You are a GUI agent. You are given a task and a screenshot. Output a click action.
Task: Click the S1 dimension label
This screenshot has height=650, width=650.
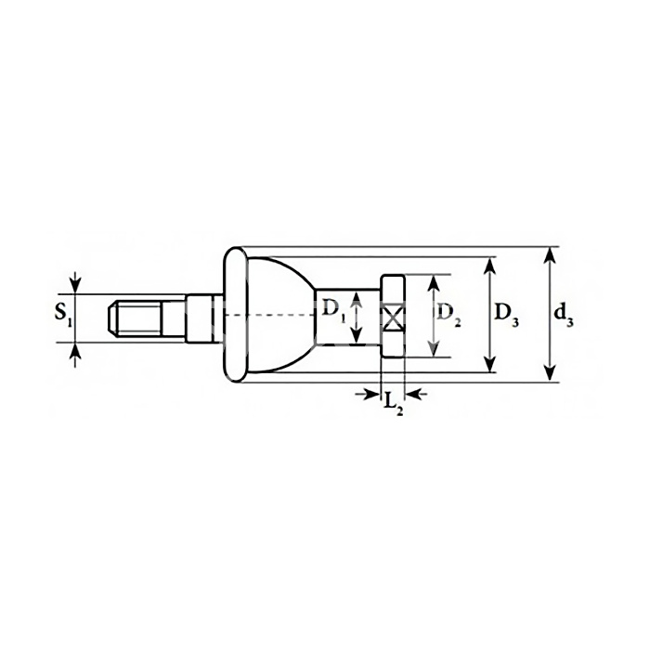pyautogui.click(x=63, y=315)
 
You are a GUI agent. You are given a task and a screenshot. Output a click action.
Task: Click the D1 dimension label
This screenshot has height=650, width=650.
pyautogui.click(x=333, y=310)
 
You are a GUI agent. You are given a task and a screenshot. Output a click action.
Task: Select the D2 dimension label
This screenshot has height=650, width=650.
pyautogui.click(x=448, y=315)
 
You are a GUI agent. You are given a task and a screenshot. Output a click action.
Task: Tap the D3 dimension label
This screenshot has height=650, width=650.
pyautogui.click(x=507, y=315)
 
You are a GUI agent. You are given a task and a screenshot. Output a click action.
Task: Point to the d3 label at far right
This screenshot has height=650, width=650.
pyautogui.click(x=564, y=315)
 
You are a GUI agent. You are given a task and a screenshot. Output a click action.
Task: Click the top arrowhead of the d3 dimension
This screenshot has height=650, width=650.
pyautogui.click(x=550, y=254)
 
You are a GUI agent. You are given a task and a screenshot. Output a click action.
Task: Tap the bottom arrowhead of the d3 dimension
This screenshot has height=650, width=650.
pyautogui.click(x=550, y=374)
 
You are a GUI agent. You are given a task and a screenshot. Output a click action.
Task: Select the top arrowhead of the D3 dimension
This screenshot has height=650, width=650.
pyautogui.click(x=490, y=265)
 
